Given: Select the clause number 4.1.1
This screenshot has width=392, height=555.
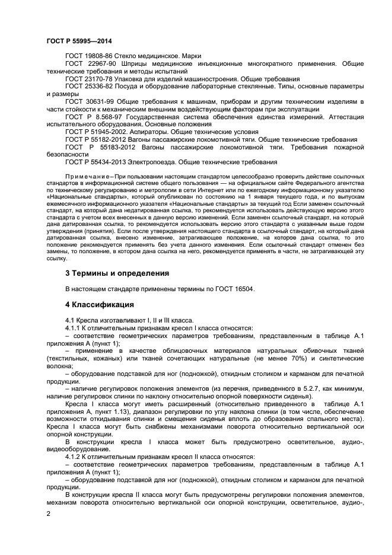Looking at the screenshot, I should click(75, 328).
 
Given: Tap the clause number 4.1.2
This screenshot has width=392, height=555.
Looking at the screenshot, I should click(75, 457).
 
